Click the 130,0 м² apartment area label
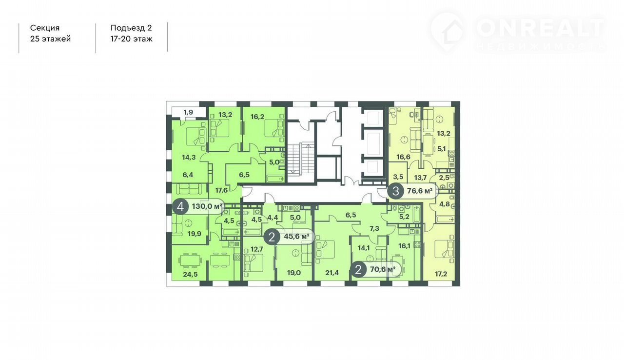[x=207, y=206]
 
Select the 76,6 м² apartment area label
[x=420, y=191]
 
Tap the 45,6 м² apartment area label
[x=297, y=237]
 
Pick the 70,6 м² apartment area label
[x=383, y=269]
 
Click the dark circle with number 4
[x=180, y=207]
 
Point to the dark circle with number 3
[x=395, y=191]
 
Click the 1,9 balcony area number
[x=188, y=112]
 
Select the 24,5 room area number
[x=190, y=274]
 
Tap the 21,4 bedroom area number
[x=332, y=273]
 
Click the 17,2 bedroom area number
[x=441, y=274]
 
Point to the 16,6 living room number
[x=403, y=157]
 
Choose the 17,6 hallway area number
[x=221, y=190]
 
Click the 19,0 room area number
[x=294, y=273]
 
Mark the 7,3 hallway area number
[x=374, y=228]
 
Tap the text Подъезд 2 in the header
[x=131, y=28]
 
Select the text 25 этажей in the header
[x=50, y=39]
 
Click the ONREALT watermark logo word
[x=540, y=28]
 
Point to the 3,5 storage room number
[x=398, y=177]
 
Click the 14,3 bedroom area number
[x=189, y=157]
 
